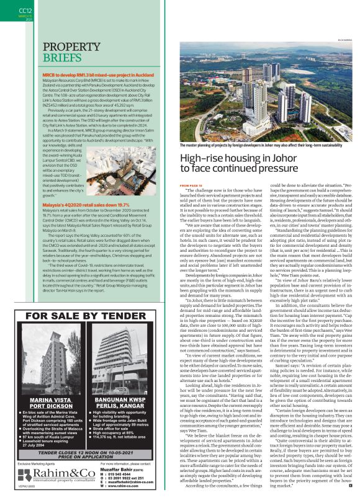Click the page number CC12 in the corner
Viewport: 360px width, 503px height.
pyautogui.click(x=25, y=10)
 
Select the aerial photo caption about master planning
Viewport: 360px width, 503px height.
pyautogui.click(x=261, y=144)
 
